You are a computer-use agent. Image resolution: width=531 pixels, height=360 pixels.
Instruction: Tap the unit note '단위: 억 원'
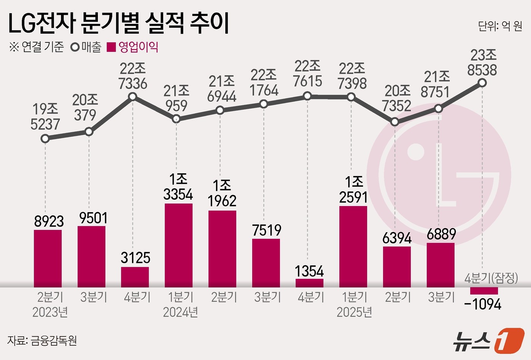[500, 26]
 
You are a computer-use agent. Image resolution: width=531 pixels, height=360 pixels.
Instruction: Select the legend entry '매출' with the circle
[86, 47]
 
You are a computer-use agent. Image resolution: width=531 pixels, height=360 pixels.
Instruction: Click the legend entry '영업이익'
[133, 47]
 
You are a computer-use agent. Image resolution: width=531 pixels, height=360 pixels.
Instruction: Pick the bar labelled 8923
[48, 258]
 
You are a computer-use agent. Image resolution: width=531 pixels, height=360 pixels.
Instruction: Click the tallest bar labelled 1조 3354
[179, 245]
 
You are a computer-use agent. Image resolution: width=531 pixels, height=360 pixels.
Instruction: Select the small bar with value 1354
[309, 283]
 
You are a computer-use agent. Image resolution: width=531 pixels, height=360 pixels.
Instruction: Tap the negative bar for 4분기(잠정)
[484, 291]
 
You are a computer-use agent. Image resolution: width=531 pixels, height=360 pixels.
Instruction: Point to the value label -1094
[482, 304]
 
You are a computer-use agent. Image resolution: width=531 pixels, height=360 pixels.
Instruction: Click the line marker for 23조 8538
[482, 83]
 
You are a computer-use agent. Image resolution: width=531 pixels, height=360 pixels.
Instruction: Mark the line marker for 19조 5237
[45, 139]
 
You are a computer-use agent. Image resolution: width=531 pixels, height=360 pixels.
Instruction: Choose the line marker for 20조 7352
[395, 122]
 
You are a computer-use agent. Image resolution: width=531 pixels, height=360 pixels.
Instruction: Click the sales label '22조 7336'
[133, 76]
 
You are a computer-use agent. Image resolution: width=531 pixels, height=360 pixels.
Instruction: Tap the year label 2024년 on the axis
[180, 312]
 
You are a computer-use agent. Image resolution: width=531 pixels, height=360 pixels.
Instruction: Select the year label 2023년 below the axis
[50, 312]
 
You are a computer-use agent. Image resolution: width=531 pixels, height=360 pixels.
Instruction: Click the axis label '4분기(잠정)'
[491, 278]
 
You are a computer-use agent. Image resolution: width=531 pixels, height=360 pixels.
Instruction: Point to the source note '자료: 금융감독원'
[42, 340]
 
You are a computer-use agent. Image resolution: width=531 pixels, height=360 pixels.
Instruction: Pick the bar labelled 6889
[440, 265]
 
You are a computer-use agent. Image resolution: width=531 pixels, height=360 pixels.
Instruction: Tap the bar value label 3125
[135, 258]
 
